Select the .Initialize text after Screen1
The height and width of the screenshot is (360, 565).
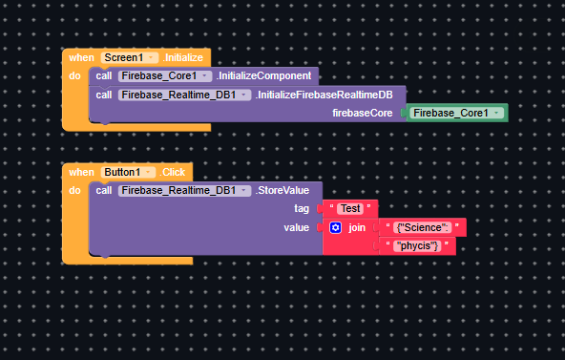tap(183, 58)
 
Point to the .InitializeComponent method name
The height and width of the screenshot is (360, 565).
tap(263, 75)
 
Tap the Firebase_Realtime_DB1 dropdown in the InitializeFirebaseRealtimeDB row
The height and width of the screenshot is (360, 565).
tap(184, 95)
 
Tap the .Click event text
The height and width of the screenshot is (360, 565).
tap(173, 172)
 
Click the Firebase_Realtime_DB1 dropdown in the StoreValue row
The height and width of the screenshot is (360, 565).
tap(184, 190)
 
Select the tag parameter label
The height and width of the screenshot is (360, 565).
tap(301, 208)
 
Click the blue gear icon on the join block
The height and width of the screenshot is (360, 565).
tap(335, 227)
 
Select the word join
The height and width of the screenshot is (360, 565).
tap(357, 227)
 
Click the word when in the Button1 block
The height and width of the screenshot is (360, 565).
tap(81, 172)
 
